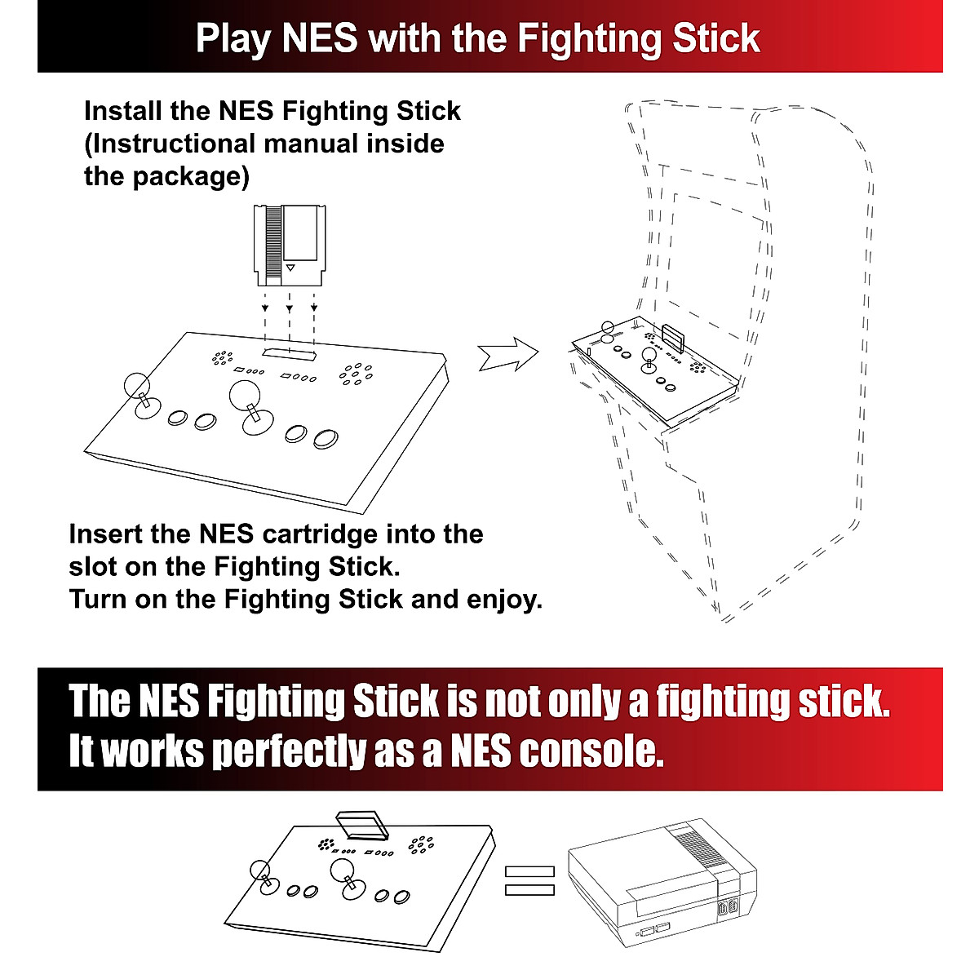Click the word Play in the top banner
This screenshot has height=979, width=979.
233,39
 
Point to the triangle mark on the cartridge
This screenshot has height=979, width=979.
291,267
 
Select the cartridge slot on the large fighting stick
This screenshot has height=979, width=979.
290,352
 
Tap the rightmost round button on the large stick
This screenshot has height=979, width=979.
326,438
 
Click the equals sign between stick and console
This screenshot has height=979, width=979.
529,880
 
